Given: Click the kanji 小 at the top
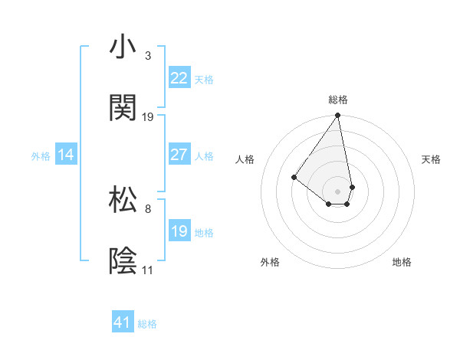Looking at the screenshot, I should (123, 47).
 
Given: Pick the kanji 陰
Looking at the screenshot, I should (123, 260).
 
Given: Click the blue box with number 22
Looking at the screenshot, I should (179, 78).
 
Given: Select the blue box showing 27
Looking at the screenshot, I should (179, 155).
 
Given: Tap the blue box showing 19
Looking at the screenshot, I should (179, 231).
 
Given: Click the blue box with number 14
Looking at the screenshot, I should (65, 155).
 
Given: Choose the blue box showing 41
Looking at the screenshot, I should (123, 322).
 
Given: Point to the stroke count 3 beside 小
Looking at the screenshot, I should (148, 56).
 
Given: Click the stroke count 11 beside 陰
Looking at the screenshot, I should (147, 270).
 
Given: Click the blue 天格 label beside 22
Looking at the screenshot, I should (204, 79).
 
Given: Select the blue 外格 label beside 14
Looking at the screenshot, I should (41, 155).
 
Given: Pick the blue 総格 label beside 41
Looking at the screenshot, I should (147, 323).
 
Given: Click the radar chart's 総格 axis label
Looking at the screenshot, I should (337, 100).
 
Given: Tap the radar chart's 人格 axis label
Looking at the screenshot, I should (245, 159).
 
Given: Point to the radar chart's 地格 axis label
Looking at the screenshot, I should (402, 262).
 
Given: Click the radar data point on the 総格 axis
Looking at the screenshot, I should (337, 116).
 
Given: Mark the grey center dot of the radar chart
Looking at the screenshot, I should (337, 191).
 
